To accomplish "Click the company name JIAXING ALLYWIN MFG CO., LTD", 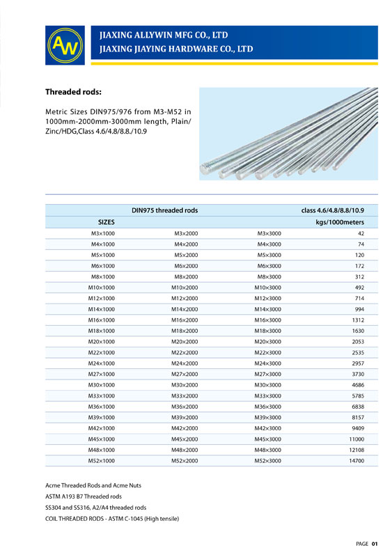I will point(164,34).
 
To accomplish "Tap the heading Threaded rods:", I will point(75,92).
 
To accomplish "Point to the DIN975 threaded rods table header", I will point(165,210).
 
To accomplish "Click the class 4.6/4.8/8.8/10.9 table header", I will point(333,210).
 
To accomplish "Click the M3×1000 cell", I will point(102,233).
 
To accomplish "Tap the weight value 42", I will point(360,233).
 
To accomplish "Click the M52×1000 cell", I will point(101,460).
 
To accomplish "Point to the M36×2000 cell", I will point(185,406).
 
